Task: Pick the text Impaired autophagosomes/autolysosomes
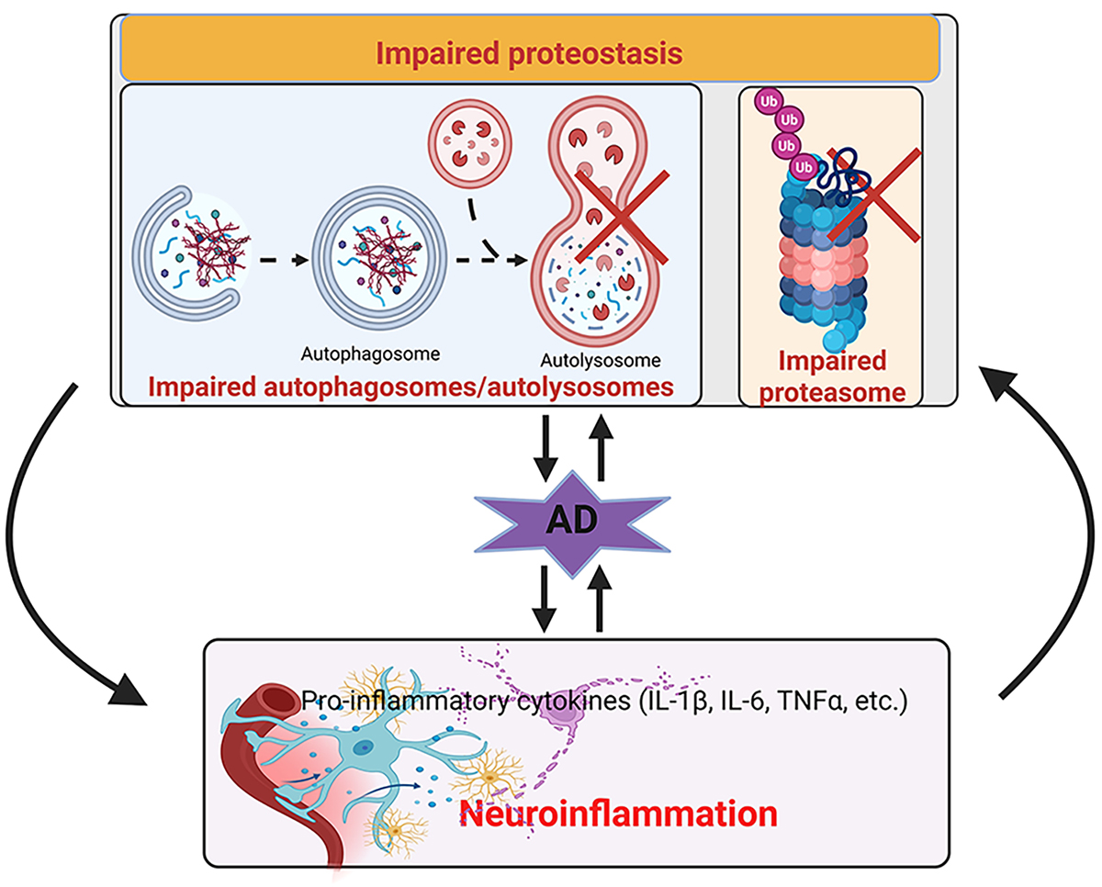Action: click(x=407, y=388)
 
